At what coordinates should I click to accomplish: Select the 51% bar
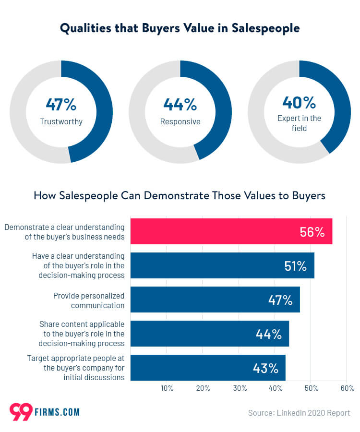222,265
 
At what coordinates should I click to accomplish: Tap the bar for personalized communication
215,300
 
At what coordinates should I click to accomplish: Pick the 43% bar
207,368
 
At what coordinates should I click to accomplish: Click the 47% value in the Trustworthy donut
61,104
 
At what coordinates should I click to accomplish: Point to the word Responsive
180,121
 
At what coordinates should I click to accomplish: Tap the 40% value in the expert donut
299,102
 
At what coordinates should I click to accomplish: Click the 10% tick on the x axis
167,388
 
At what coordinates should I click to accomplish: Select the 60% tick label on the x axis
347,388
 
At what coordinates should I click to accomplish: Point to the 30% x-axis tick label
239,388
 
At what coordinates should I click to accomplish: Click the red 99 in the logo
21,412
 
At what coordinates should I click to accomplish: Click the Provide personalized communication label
89,300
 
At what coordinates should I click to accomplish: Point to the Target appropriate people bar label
76,368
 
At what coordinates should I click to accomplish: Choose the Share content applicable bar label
82,334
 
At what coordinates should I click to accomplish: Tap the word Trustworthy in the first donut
61,121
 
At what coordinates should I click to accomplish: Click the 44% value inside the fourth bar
268,334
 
